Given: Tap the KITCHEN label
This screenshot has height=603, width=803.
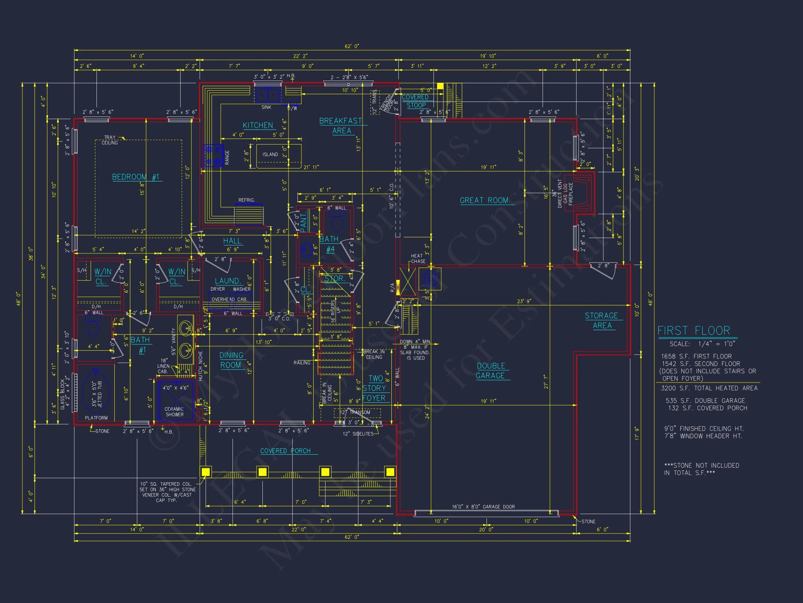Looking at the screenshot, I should (258, 125).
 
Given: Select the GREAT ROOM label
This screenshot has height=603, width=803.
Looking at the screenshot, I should (484, 200).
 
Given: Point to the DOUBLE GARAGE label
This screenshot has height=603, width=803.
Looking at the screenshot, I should (490, 371).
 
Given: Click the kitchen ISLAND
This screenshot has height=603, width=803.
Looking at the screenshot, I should (278, 155).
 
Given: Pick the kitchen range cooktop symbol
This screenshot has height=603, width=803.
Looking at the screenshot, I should (213, 155).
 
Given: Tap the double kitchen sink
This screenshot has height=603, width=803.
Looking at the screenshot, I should (268, 95).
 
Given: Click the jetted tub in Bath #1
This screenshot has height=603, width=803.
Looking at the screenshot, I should (95, 394).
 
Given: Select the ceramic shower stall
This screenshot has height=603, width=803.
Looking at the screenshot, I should (175, 400).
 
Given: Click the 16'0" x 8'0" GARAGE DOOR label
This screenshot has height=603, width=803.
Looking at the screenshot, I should (483, 507).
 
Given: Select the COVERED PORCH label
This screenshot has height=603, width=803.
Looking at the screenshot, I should (285, 451).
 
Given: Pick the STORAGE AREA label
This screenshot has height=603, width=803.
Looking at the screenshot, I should (602, 321).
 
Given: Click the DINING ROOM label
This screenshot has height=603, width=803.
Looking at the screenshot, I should (231, 360).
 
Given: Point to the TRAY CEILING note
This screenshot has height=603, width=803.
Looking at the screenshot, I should (109, 140).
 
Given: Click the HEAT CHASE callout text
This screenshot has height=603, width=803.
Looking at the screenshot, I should (418, 259).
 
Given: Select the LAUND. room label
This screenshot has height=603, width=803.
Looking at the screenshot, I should (228, 281).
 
